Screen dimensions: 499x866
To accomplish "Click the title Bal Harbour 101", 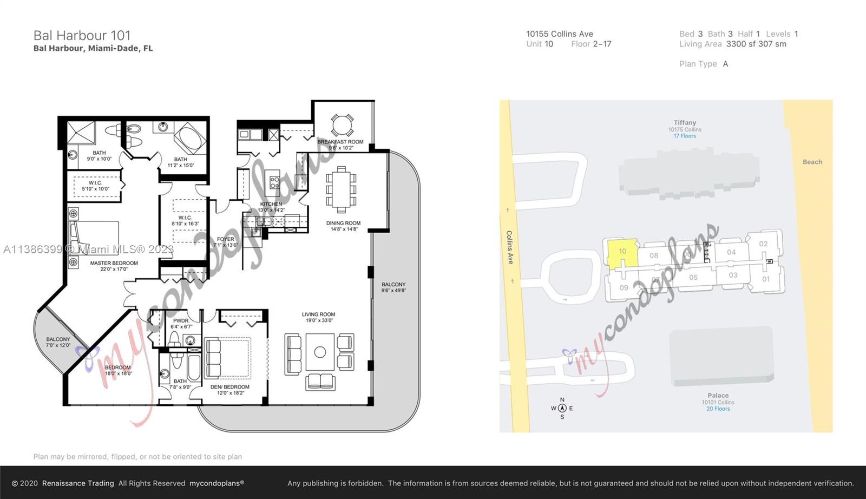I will (82, 36).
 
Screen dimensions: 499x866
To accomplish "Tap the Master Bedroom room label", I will (114, 263).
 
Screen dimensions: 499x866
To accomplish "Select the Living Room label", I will (318, 314).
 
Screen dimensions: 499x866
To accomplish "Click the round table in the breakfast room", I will (342, 125).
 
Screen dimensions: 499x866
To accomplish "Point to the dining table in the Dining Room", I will (341, 189).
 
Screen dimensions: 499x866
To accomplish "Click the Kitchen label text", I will (271, 204).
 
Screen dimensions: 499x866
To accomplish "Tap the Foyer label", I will (226, 239).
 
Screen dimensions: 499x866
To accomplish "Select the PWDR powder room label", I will (181, 321).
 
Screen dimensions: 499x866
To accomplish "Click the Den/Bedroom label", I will (230, 387).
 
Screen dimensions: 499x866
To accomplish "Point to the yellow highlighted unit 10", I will (622, 252).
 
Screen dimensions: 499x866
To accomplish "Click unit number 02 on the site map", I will (763, 244).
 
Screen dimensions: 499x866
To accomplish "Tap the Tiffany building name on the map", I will (685, 123).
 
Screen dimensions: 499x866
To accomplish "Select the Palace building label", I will (718, 396).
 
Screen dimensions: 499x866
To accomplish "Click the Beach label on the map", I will (812, 162).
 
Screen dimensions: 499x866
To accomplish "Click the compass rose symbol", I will (562, 409).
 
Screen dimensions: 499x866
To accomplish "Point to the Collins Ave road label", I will (509, 247).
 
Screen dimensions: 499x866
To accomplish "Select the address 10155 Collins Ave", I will (559, 34).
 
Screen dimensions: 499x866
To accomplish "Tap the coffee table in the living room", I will (320, 352).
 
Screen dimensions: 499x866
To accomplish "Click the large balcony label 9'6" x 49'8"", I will (393, 287).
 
